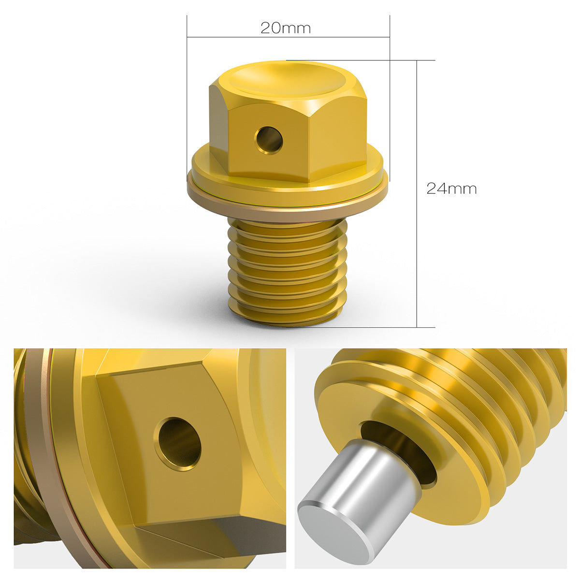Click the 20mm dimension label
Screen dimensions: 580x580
[x=285, y=28]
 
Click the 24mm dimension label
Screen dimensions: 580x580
[x=451, y=188]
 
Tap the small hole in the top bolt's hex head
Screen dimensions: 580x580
[x=269, y=140]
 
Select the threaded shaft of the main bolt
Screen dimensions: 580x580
[x=288, y=273]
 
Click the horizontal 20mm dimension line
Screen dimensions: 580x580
[x=288, y=37]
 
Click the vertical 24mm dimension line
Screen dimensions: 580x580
[x=417, y=193]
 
